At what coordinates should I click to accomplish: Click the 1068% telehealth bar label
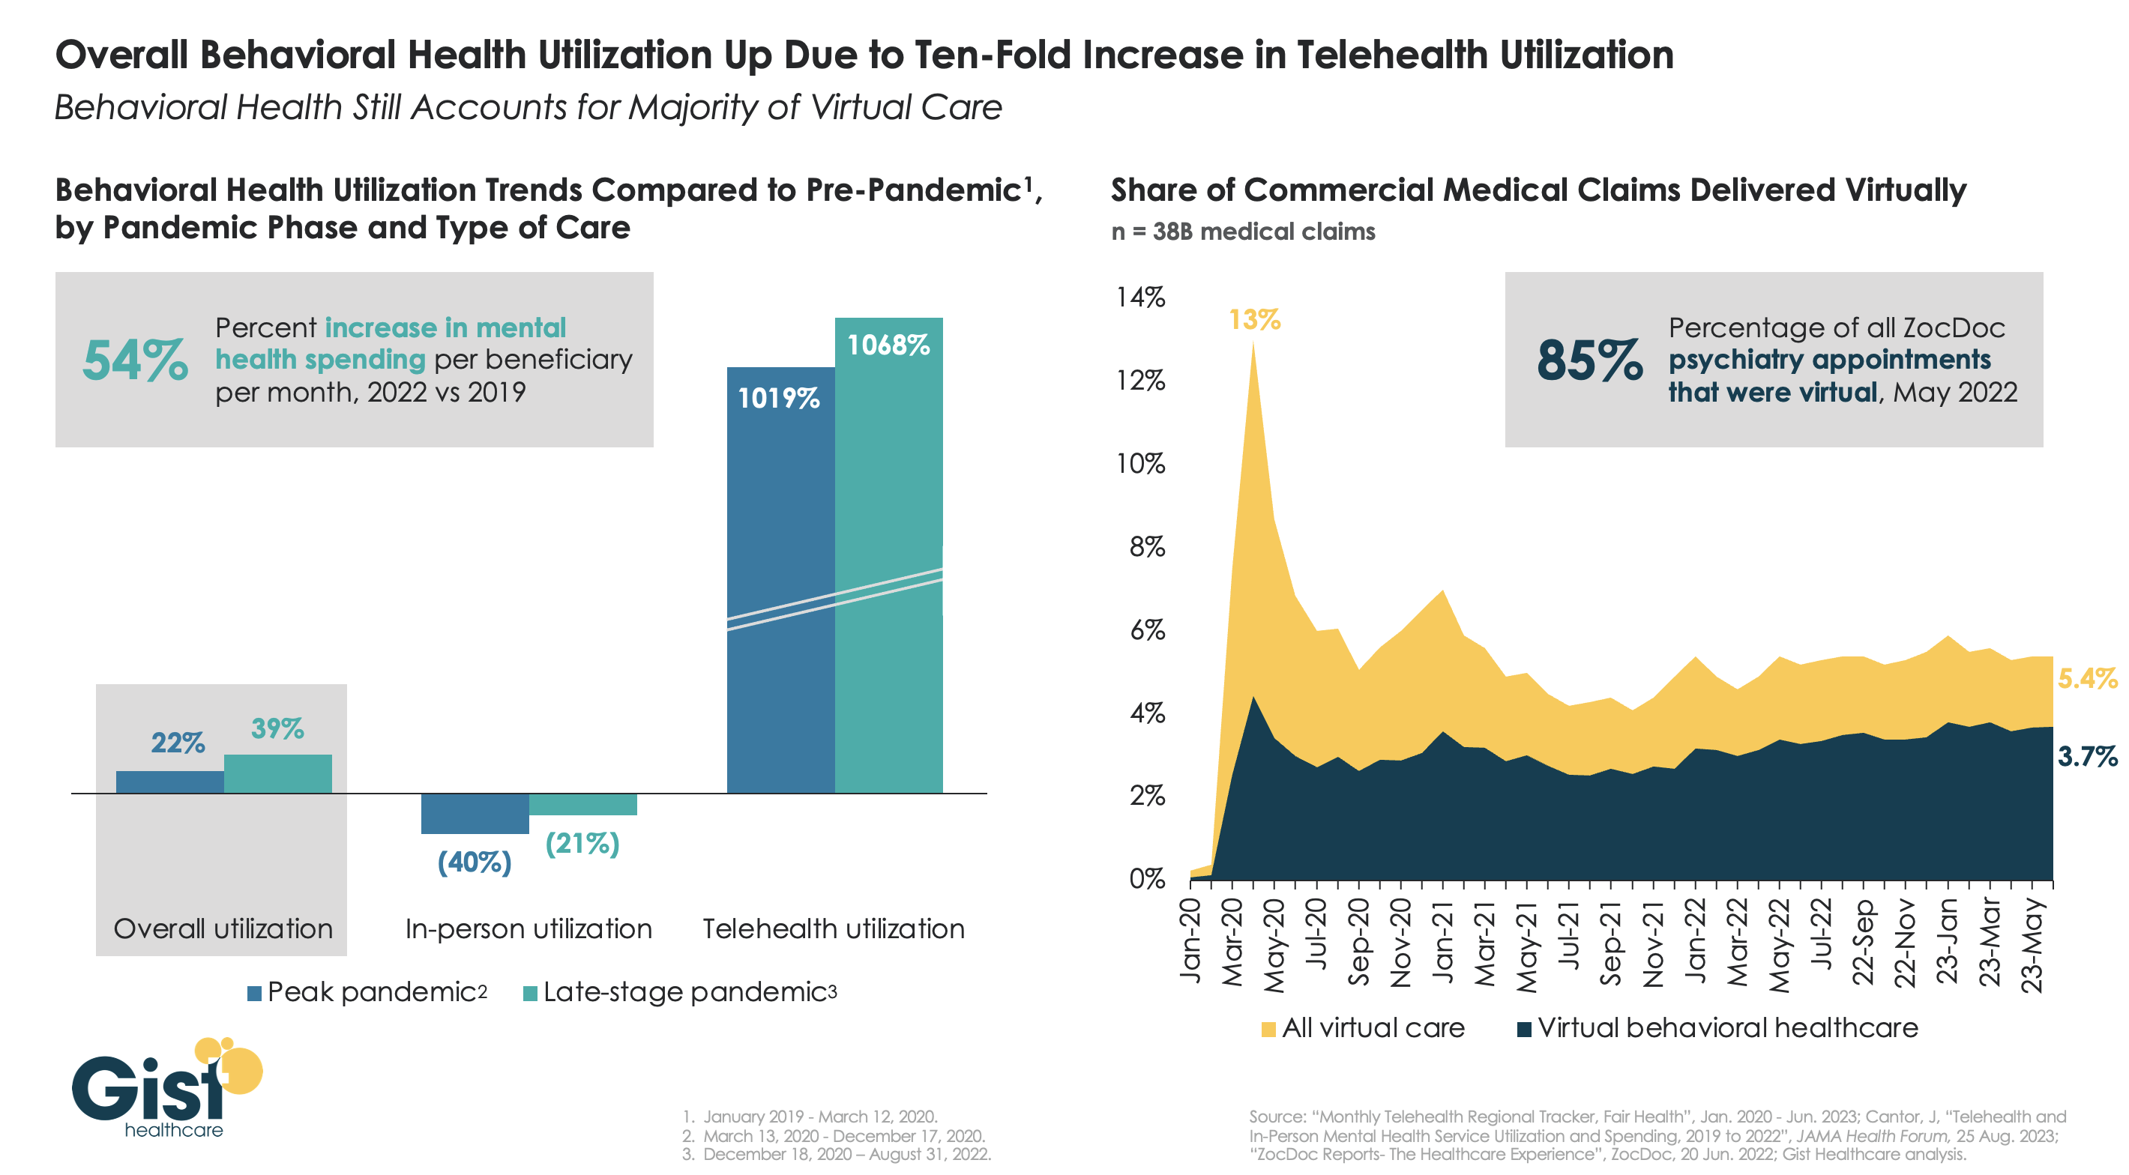pyautogui.click(x=888, y=345)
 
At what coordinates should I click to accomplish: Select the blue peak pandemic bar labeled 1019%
pyautogui.click(x=780, y=579)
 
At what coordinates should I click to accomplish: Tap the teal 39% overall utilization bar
pyautogui.click(x=277, y=773)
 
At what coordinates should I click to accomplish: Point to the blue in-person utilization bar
pyautogui.click(x=475, y=814)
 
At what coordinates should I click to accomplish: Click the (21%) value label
pyautogui.click(x=582, y=844)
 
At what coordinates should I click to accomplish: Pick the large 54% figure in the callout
pyautogui.click(x=135, y=361)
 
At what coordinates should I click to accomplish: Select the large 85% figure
pyautogui.click(x=1589, y=361)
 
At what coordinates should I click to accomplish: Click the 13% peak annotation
pyautogui.click(x=1253, y=320)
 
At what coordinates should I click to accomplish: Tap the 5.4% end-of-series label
pyautogui.click(x=2086, y=679)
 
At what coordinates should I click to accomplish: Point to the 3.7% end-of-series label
pyautogui.click(x=2087, y=756)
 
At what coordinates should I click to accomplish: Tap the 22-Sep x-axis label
pyautogui.click(x=1863, y=941)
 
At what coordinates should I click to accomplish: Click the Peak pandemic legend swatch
pyautogui.click(x=255, y=993)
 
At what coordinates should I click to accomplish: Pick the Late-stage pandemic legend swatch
pyautogui.click(x=530, y=993)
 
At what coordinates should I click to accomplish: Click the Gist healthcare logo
pyautogui.click(x=165, y=1089)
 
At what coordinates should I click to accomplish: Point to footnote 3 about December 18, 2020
pyautogui.click(x=837, y=1154)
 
